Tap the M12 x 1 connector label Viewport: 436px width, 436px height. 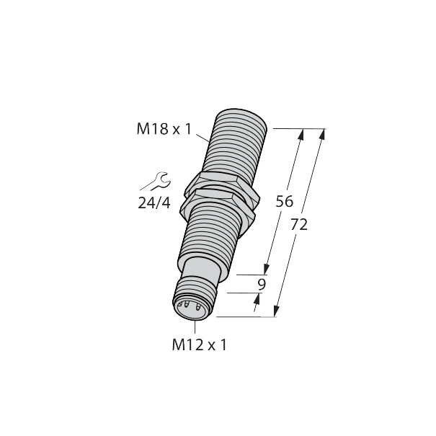(x=199, y=344)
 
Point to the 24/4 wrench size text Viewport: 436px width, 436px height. (x=154, y=203)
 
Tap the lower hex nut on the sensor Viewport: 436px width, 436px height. (x=221, y=204)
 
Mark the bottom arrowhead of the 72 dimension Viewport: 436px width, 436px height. (x=276, y=311)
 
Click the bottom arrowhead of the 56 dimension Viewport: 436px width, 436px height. (x=267, y=270)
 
